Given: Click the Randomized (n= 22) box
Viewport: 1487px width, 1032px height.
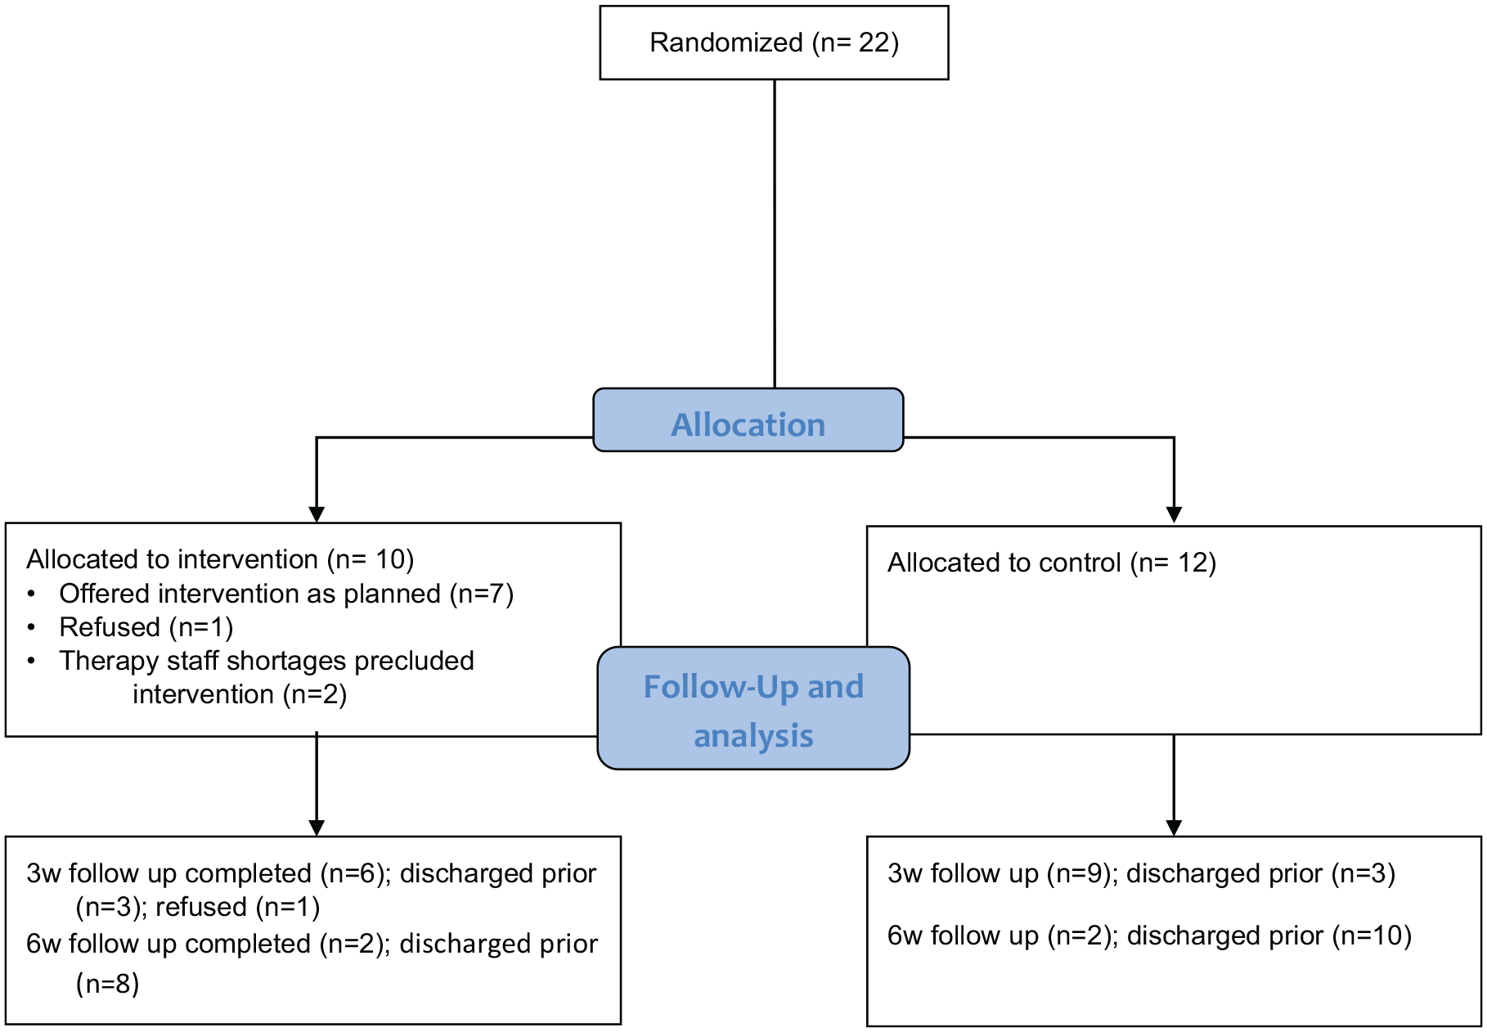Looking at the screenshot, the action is pyautogui.click(x=774, y=43).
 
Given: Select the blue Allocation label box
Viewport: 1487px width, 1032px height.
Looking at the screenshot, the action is pyautogui.click(x=748, y=420).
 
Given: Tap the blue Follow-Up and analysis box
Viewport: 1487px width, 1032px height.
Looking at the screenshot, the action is pyautogui.click(x=753, y=708).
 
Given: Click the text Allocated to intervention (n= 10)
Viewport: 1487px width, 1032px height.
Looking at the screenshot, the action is pyautogui.click(x=220, y=559).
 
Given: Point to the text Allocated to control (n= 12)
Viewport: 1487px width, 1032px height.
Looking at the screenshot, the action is pyautogui.click(x=1052, y=563).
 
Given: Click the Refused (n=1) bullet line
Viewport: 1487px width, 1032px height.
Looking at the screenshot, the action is pyautogui.click(x=146, y=627).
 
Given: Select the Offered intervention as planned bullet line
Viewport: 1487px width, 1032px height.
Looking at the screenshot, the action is pyautogui.click(x=286, y=594).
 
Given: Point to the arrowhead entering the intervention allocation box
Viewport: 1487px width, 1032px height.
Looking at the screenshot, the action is pyautogui.click(x=317, y=515).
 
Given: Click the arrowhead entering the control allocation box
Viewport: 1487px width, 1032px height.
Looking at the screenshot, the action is pyautogui.click(x=1174, y=515).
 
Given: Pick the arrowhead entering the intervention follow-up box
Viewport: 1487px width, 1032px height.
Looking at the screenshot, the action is pyautogui.click(x=317, y=828).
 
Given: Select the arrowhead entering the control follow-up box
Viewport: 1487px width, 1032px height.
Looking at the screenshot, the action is pyautogui.click(x=1174, y=828).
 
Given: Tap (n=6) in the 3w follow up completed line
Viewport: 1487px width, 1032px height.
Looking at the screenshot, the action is pyautogui.click(x=353, y=873).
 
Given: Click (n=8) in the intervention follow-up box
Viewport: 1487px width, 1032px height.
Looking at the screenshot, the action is pyautogui.click(x=108, y=983).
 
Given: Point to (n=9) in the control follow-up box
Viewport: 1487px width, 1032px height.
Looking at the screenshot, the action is pyautogui.click(x=1080, y=873).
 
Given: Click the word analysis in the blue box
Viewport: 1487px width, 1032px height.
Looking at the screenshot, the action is pyautogui.click(x=753, y=736).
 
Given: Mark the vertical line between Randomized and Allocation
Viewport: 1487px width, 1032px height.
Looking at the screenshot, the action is pyautogui.click(x=775, y=234).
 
